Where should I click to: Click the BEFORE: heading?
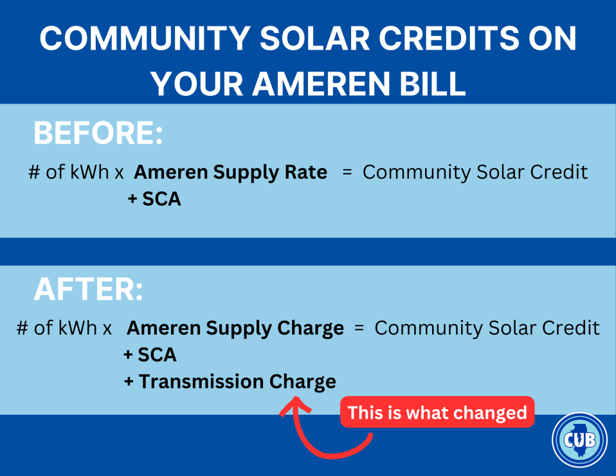click(x=98, y=134)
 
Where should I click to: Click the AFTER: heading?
click(x=89, y=291)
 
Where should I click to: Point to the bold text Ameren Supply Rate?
click(x=231, y=172)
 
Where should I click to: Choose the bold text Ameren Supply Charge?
click(x=235, y=329)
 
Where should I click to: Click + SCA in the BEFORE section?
click(x=154, y=199)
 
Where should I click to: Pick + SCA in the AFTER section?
click(x=150, y=354)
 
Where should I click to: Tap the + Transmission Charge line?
click(x=230, y=381)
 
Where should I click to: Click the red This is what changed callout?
click(x=437, y=412)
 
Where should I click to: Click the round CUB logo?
click(x=579, y=440)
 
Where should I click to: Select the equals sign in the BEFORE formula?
click(x=347, y=172)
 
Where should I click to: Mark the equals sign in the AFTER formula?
click(x=359, y=329)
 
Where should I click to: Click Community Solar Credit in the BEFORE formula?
click(x=475, y=172)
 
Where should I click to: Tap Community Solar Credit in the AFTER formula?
click(x=487, y=329)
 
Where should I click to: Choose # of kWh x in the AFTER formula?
click(x=64, y=329)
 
